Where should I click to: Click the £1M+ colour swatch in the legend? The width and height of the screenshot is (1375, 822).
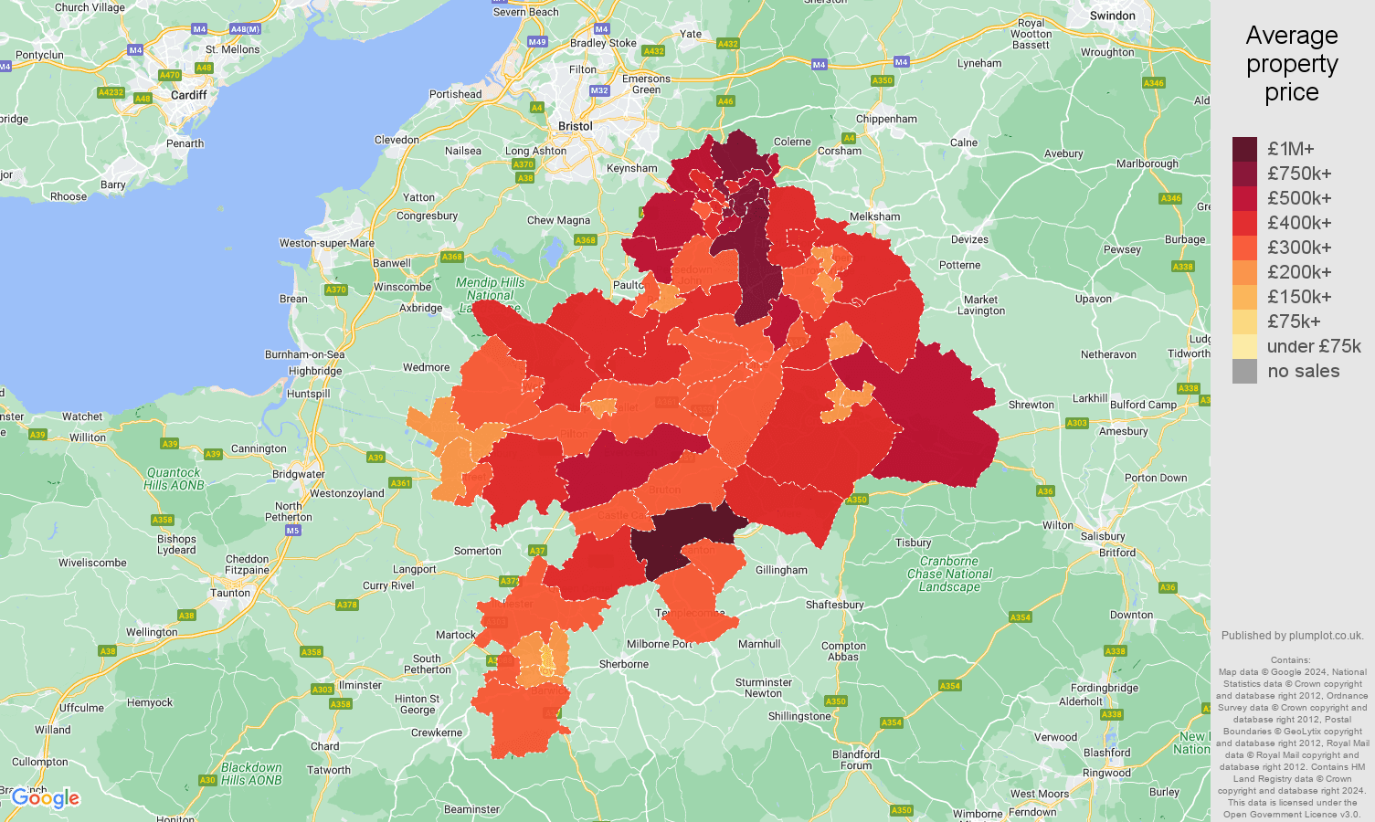tap(1244, 149)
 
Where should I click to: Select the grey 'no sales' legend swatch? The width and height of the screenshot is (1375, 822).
tap(1244, 371)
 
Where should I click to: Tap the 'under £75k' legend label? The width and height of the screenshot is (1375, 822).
tap(1314, 346)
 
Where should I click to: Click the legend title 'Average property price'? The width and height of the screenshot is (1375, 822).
tap(1292, 64)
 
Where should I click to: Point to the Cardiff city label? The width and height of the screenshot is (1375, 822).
tap(188, 95)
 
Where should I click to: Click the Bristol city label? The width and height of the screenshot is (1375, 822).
tap(576, 126)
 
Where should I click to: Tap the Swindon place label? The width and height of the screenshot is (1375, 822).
tap(1112, 16)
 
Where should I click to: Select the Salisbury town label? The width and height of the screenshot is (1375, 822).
tap(1102, 536)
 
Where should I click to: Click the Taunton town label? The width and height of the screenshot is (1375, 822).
tap(230, 593)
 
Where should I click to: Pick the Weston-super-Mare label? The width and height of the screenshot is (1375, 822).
tap(327, 243)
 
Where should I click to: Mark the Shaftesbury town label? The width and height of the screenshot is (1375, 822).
tap(834, 605)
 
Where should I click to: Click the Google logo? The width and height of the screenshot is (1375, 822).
tap(46, 798)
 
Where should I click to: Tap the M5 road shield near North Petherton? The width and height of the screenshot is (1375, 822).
tap(292, 531)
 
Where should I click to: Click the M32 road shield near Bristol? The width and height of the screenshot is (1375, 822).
tap(599, 90)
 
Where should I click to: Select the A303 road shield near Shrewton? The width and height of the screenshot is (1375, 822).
tap(1077, 423)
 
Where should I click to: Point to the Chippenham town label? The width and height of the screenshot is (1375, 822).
tap(886, 119)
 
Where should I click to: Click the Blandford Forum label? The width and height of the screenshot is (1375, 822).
tap(856, 760)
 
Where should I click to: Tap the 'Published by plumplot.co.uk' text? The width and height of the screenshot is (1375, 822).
tap(1292, 636)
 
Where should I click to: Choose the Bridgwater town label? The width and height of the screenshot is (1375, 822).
tap(299, 474)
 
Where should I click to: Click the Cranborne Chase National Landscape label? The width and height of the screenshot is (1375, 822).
tap(949, 574)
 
